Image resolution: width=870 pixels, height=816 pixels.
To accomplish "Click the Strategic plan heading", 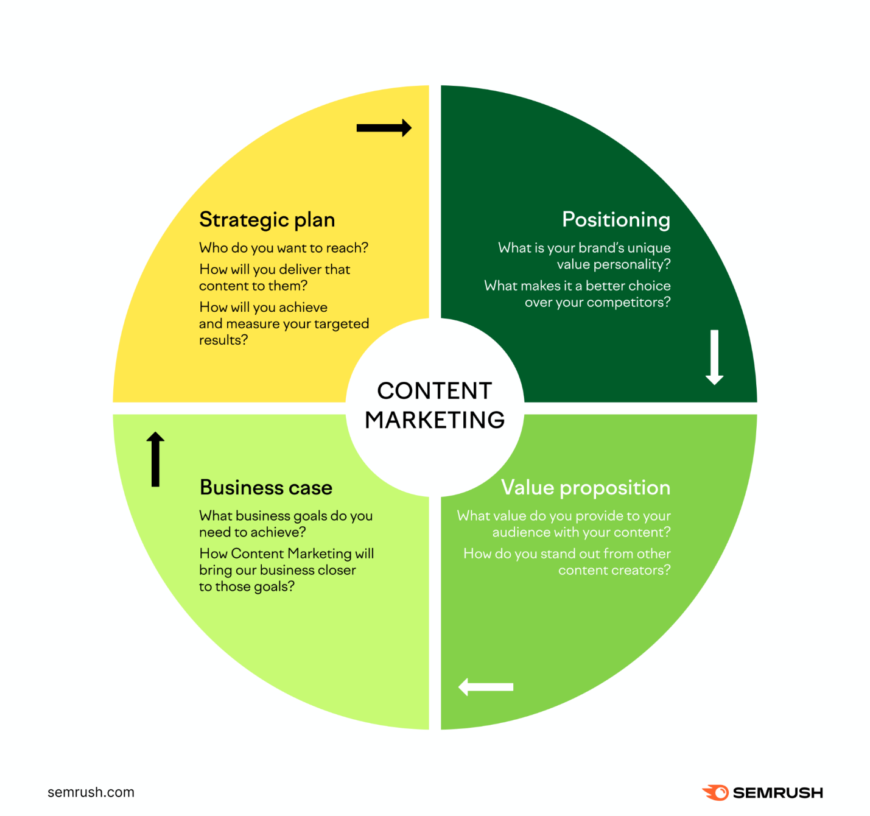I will [x=267, y=220].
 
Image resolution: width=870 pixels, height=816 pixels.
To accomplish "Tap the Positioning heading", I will [x=616, y=219].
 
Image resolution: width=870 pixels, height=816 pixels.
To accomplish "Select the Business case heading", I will [x=265, y=488].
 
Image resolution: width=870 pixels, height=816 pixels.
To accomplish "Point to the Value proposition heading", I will [x=585, y=488].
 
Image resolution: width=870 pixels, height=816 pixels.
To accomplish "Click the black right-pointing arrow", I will [x=384, y=128].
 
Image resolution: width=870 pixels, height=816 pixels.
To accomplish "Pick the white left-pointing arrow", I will [x=486, y=687].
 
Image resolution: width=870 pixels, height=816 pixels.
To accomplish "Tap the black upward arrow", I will [x=155, y=459].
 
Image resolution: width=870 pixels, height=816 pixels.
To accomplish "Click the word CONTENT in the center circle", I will [x=434, y=391].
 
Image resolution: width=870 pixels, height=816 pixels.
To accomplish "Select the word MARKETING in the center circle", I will [x=435, y=420].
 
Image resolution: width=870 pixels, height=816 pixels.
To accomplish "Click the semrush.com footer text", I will [x=91, y=792].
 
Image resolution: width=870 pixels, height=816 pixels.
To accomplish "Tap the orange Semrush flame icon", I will [x=715, y=792].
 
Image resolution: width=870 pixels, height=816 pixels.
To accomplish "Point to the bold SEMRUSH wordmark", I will [x=777, y=793].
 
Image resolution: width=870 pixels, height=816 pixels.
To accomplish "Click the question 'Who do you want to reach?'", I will [x=283, y=248].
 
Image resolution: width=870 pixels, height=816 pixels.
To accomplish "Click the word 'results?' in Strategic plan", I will [x=223, y=340].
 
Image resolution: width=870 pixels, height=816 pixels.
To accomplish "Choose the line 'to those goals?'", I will [x=247, y=586].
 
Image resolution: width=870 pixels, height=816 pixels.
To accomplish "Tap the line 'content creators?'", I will [x=614, y=570].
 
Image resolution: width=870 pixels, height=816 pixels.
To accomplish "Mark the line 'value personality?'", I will [x=613, y=264].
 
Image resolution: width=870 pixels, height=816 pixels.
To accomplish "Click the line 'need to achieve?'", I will [x=252, y=532].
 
